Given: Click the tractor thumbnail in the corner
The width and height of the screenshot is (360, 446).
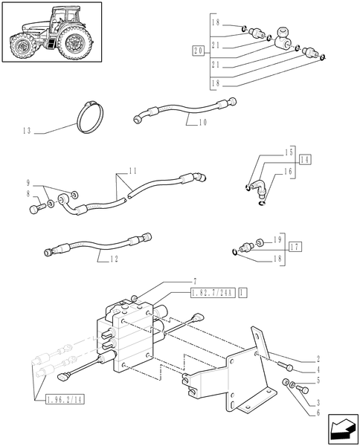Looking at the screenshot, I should click(50, 35).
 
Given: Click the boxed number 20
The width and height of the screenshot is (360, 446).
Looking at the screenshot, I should click(197, 51).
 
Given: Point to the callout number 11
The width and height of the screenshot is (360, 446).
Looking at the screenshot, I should click(132, 172).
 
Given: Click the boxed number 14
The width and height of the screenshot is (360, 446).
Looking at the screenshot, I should click(306, 159).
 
